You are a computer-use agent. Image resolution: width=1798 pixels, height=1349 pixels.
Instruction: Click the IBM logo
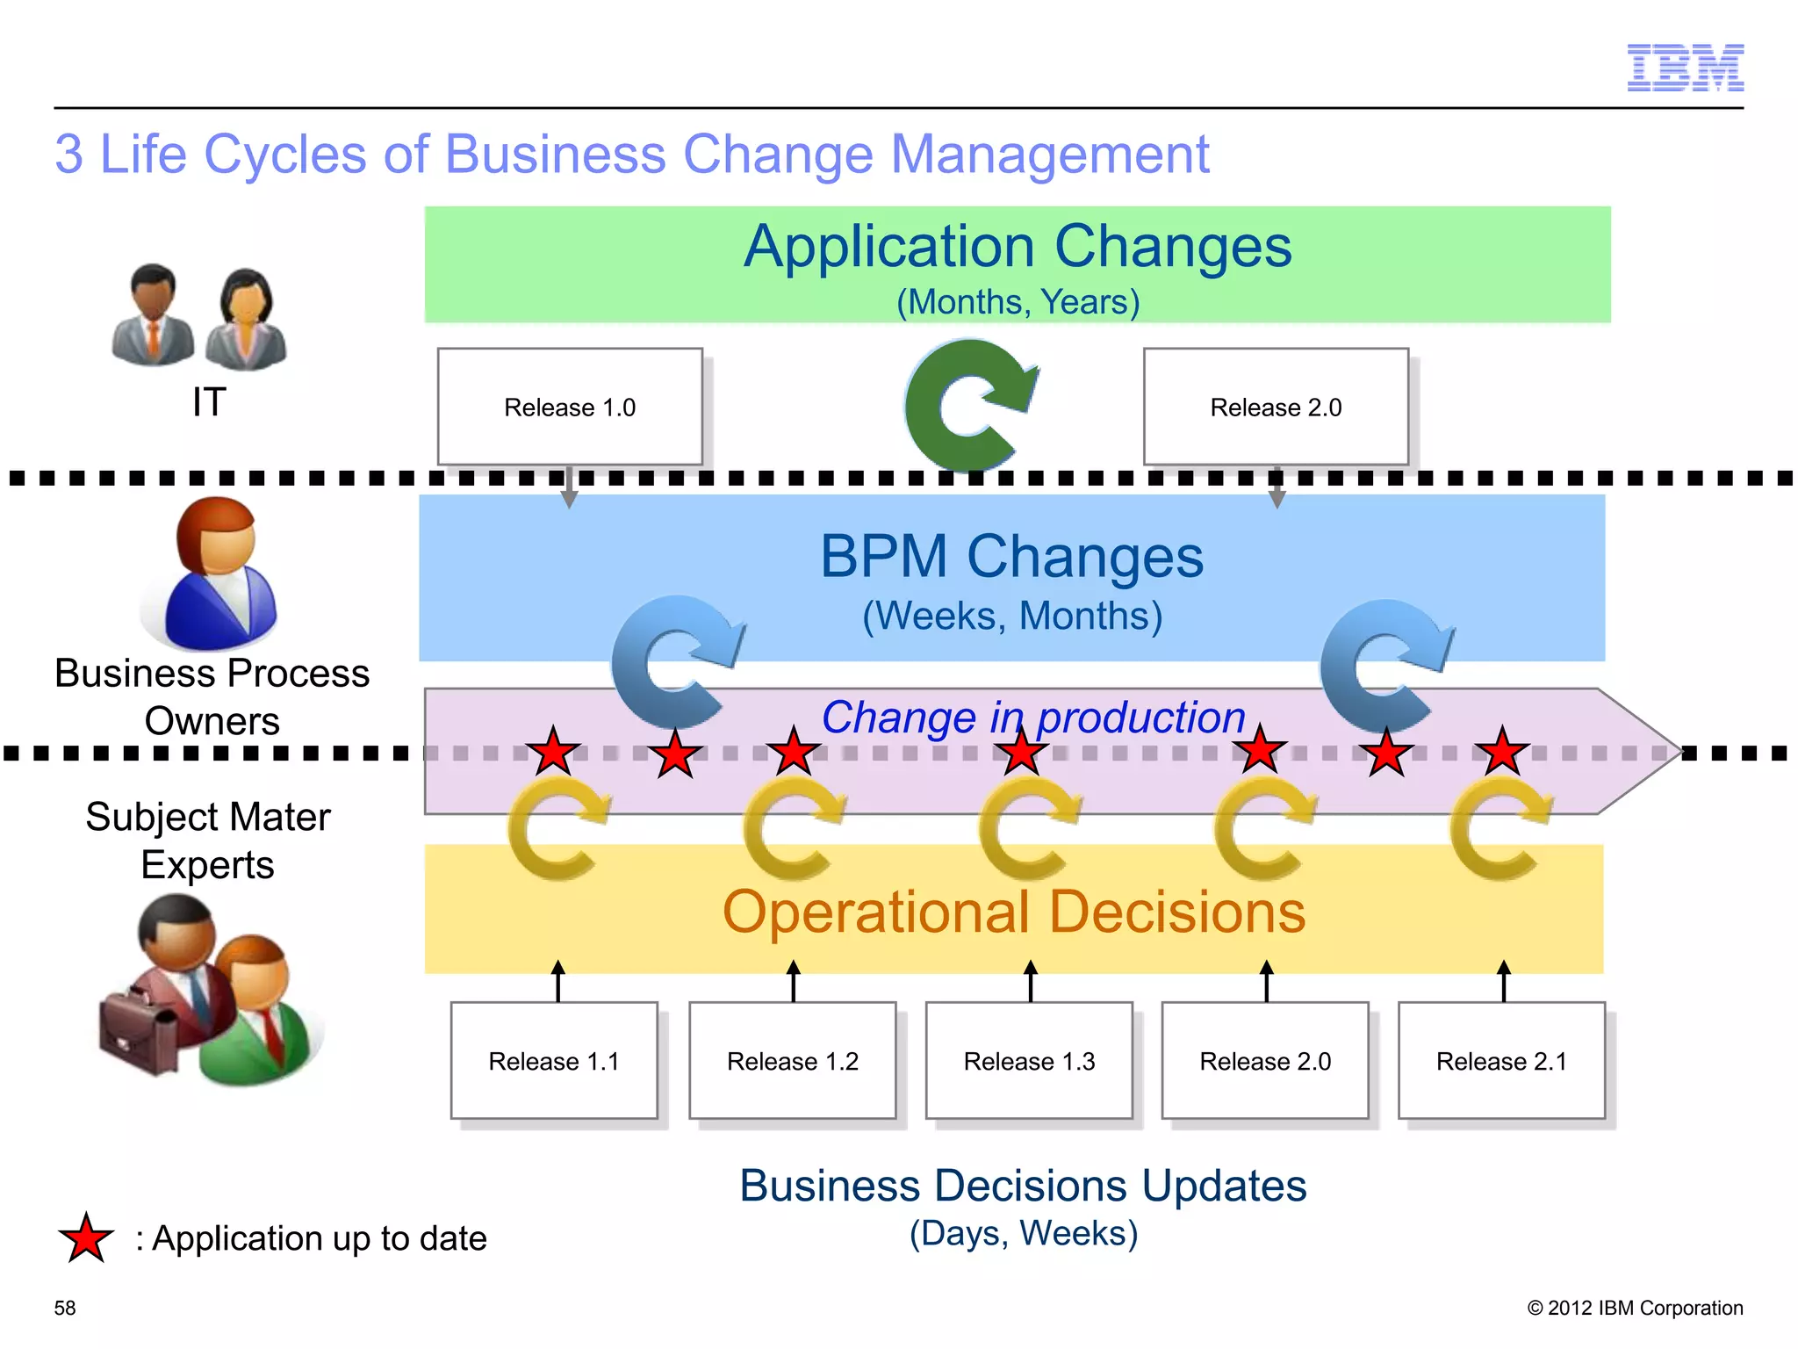click(x=1685, y=68)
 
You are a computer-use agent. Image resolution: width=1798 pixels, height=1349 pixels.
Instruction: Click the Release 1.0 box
click(x=570, y=407)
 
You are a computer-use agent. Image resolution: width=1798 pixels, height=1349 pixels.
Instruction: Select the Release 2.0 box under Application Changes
click(x=1276, y=407)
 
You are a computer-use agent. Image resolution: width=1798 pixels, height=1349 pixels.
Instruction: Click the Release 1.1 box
click(x=554, y=1061)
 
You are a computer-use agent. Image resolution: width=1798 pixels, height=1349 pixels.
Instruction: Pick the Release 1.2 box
click(x=792, y=1061)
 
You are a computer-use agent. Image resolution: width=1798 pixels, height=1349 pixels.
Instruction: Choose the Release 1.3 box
click(x=1029, y=1061)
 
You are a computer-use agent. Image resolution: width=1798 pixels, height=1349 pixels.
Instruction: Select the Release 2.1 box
click(x=1501, y=1061)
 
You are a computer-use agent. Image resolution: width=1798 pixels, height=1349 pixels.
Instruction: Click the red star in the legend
click(x=86, y=1239)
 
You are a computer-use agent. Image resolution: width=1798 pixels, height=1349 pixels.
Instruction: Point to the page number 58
click(x=65, y=1308)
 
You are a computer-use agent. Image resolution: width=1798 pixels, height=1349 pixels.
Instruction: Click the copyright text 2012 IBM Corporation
click(x=1635, y=1308)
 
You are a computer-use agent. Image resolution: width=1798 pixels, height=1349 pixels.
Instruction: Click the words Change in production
click(x=1033, y=718)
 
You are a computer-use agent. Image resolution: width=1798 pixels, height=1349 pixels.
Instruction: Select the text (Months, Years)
click(x=1018, y=302)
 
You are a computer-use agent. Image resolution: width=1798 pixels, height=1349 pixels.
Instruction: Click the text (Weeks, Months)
click(x=1012, y=616)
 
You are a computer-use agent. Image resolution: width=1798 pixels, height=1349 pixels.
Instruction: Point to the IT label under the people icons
click(x=209, y=402)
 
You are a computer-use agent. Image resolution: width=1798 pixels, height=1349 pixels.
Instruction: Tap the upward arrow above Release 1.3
click(x=1031, y=980)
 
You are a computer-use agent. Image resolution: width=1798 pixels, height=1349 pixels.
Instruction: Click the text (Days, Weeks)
click(x=1023, y=1233)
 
